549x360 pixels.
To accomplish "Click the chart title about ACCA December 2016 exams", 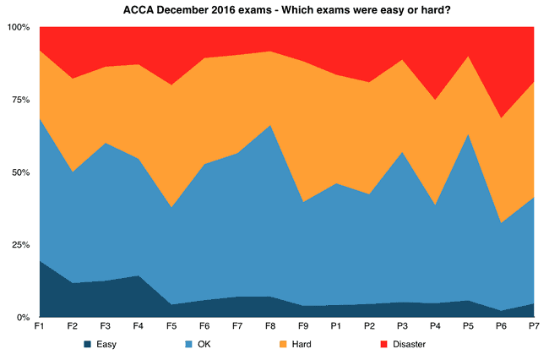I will [x=274, y=9].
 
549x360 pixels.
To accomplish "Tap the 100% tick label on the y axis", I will [x=18, y=27].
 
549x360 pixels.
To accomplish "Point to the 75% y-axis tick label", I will [x=19, y=100].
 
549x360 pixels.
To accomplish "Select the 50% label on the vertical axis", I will [x=19, y=172].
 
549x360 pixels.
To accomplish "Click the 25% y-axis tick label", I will [x=19, y=245].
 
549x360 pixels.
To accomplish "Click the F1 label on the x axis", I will [x=39, y=327].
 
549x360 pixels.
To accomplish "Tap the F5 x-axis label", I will [x=171, y=327].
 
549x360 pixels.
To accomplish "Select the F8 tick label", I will [x=269, y=327].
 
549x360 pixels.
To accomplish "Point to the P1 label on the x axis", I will [x=335, y=327].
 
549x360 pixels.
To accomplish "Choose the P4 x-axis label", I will [x=434, y=327].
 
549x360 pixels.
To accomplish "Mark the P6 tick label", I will [x=500, y=327].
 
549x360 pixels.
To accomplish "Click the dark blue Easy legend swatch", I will [x=88, y=344].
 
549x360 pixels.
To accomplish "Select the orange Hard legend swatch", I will [x=285, y=344].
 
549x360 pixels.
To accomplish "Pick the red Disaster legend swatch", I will [x=383, y=344].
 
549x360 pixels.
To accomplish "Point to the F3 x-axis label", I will [x=105, y=327].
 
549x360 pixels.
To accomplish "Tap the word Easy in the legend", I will [x=106, y=344].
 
